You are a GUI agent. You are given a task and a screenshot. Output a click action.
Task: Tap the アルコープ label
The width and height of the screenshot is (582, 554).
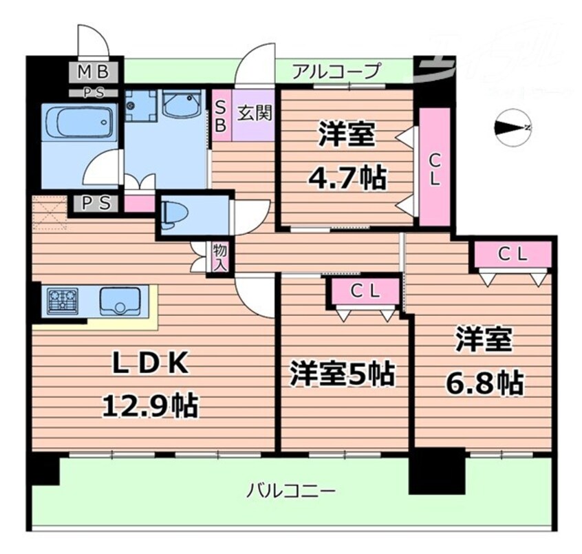coord(336,70)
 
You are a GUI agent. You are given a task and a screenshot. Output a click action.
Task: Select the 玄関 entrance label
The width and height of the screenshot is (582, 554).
coord(255,111)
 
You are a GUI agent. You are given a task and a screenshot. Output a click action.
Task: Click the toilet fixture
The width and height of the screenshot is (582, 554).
coord(174,215)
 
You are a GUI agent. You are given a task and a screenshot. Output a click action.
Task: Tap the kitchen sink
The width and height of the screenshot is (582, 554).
coord(120,301)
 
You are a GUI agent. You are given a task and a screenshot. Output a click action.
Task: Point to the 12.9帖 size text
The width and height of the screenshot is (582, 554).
coord(150,405)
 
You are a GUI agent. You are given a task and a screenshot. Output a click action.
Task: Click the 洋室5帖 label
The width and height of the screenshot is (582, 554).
coord(341,374)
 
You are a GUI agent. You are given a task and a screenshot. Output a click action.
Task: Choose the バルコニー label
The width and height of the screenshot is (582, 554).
coord(292,491)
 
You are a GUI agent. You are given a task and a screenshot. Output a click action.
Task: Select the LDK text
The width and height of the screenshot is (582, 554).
coord(150,365)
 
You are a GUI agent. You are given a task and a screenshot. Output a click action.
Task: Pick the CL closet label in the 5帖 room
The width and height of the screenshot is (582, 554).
coord(365,291)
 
